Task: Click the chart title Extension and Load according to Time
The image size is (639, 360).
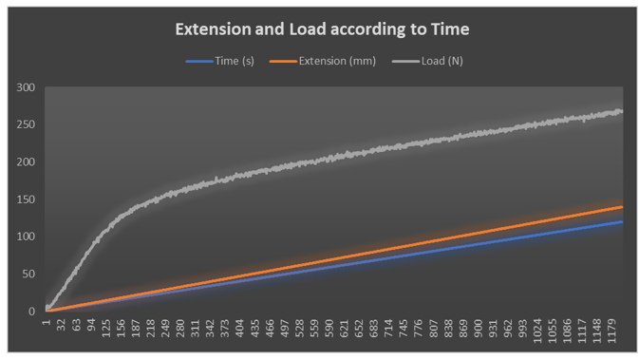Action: (322, 29)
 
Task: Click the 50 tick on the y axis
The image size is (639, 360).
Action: (28, 274)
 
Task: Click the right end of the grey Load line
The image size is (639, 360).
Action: (622, 111)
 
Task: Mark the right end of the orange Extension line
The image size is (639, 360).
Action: (622, 206)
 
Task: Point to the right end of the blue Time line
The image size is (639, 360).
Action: (622, 221)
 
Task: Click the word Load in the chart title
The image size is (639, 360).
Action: (314, 29)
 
